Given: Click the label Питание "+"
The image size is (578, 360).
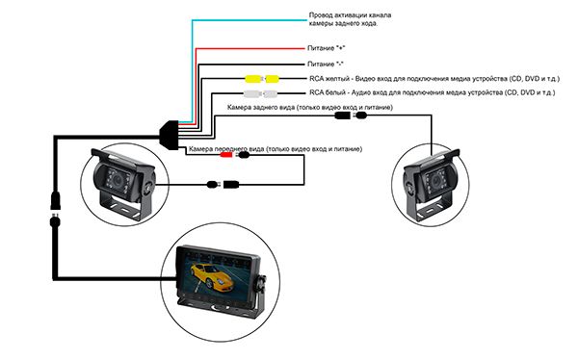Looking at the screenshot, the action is point(327,48).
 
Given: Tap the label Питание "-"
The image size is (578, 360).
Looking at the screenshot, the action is point(326,64).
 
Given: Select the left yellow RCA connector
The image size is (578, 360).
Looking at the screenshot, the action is point(253,79).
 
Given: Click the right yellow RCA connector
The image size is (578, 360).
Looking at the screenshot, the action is point(272,79).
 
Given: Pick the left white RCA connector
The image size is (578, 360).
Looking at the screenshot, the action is point(251,93).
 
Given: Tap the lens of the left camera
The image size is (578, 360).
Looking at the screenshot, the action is point(118,179).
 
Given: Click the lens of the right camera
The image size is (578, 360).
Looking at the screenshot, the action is point(435,181).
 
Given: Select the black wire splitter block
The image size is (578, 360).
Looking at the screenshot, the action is point(169,135).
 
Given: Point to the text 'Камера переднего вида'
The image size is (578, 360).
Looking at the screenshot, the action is point(226,149).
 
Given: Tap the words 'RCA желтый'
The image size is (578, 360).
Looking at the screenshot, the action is point(329,79).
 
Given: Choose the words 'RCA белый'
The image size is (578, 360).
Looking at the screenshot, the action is point(328,92).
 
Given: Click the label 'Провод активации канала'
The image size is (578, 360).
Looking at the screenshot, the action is point(350,15).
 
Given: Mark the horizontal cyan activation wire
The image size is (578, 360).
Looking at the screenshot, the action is point(250,20).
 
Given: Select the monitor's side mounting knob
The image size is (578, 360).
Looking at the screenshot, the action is point(262,283).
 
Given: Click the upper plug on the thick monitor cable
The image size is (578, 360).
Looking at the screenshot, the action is point(55,199).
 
